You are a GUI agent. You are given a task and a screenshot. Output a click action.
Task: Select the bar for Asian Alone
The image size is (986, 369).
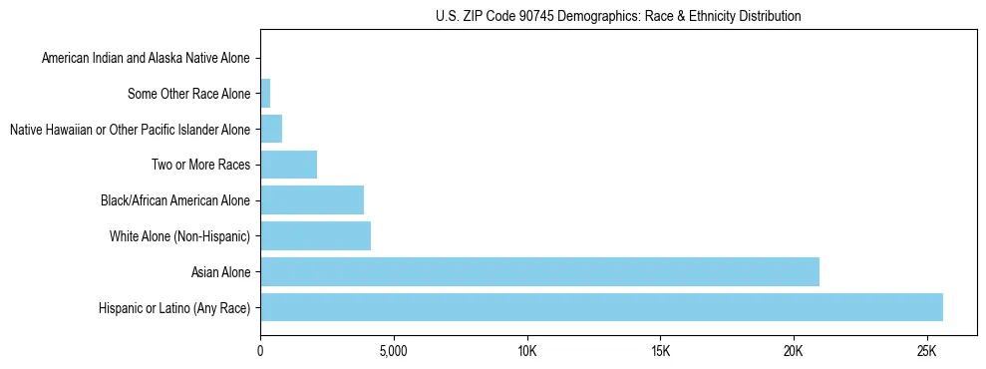pos(539,271)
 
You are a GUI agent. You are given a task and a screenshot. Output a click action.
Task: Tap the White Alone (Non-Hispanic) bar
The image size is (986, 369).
pos(315,236)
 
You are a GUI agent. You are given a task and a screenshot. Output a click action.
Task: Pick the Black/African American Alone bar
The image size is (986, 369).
pos(312,200)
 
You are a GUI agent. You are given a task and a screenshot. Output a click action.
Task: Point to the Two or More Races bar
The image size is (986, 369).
pos(288,165)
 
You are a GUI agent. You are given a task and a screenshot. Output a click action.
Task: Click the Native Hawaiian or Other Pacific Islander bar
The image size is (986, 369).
pos(271,130)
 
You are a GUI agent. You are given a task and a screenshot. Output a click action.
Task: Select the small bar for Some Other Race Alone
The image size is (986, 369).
pos(265,94)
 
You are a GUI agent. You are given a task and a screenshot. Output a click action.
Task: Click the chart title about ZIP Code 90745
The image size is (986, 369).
pos(618,16)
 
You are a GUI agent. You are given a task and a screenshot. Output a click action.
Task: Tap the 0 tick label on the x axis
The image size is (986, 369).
pos(260,352)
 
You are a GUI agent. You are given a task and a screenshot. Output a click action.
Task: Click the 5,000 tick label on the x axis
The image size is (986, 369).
pos(394,352)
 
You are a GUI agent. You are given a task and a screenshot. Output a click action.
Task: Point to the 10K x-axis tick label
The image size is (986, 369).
pos(527,352)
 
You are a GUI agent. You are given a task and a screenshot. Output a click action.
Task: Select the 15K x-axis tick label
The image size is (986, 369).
pos(660,352)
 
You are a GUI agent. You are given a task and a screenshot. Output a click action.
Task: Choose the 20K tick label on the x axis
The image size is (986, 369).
pos(794,352)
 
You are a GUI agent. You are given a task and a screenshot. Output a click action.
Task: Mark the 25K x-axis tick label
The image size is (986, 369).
pos(927,352)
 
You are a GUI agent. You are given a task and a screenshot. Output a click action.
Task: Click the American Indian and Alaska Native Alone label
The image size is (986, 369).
pos(146,59)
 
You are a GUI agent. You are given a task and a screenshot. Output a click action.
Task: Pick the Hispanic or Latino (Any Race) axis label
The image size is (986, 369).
pos(174,308)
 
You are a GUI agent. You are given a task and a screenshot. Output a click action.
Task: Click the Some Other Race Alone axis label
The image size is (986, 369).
pos(188,95)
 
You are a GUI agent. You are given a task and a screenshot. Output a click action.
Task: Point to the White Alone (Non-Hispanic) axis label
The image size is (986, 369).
pos(179,236)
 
